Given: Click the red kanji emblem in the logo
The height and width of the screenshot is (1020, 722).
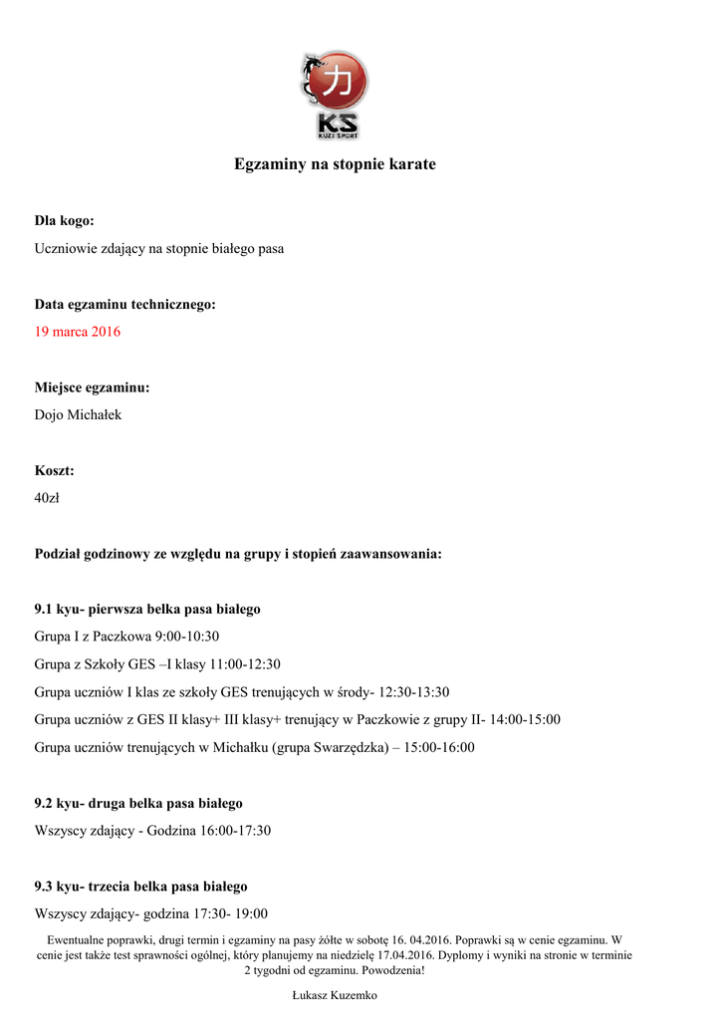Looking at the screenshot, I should pyautogui.click(x=341, y=81).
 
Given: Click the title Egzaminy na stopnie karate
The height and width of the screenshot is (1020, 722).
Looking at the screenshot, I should pyautogui.click(x=335, y=163).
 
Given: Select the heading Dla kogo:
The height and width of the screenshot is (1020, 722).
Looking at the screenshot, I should pyautogui.click(x=65, y=220).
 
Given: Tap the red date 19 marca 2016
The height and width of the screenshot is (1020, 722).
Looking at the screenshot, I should pyautogui.click(x=78, y=332).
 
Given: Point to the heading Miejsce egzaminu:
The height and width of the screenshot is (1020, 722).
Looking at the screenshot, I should pyautogui.click(x=93, y=387).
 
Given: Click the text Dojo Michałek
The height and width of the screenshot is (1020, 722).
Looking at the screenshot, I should pyautogui.click(x=78, y=414).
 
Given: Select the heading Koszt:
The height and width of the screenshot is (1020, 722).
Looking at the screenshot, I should pyautogui.click(x=55, y=470).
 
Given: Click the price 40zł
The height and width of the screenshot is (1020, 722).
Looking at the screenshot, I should pyautogui.click(x=47, y=498).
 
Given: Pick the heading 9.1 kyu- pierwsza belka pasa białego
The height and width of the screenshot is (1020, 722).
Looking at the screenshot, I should pyautogui.click(x=147, y=609).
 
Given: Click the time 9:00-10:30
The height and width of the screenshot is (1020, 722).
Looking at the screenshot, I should pyautogui.click(x=187, y=636).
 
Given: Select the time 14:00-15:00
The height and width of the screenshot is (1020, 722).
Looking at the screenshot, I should pyautogui.click(x=525, y=719).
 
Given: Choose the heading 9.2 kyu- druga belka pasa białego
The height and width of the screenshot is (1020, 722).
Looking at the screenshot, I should pyautogui.click(x=138, y=803).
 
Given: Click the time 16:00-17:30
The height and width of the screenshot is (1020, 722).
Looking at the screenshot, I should pyautogui.click(x=235, y=830).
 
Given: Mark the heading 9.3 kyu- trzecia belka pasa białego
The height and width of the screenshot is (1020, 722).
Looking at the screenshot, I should pyautogui.click(x=141, y=886).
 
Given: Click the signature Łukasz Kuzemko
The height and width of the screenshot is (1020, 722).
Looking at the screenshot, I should pyautogui.click(x=335, y=996).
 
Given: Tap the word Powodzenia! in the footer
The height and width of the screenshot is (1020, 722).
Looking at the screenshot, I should pyautogui.click(x=393, y=970).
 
